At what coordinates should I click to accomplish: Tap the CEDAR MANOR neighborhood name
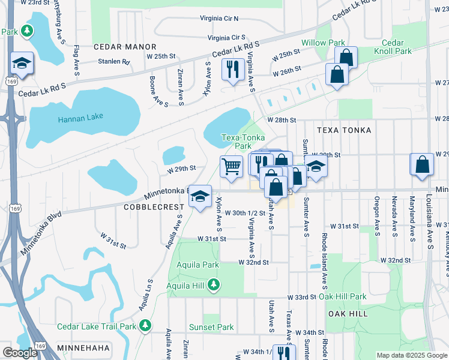click(x=125, y=47)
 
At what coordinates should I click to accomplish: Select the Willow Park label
click(x=323, y=43)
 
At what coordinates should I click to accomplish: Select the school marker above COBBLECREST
click(x=200, y=196)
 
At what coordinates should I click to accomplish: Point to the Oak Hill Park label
click(x=342, y=296)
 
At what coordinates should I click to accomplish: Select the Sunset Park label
click(x=211, y=327)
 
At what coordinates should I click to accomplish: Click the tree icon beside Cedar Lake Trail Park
click(x=144, y=325)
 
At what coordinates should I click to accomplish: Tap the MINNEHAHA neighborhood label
click(x=83, y=348)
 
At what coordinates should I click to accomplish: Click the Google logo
click(x=20, y=352)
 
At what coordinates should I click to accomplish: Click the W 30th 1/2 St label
click(x=244, y=213)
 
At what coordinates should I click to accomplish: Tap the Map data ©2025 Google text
click(x=411, y=355)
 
